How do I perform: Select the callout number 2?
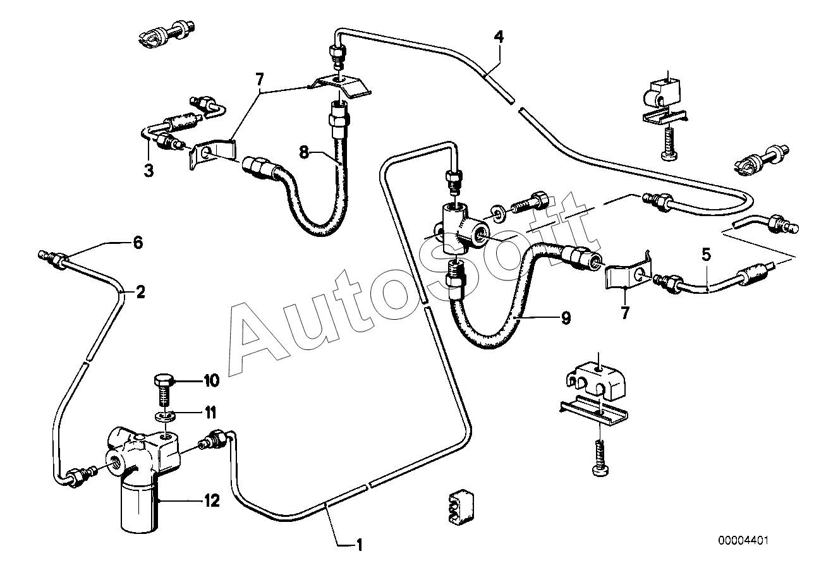(140, 291)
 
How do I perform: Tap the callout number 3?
(149, 170)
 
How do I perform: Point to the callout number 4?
(499, 37)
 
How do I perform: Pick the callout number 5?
(706, 255)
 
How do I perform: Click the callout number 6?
(138, 242)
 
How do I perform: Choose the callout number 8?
(304, 152)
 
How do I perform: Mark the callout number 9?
(565, 317)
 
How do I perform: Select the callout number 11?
(209, 413)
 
